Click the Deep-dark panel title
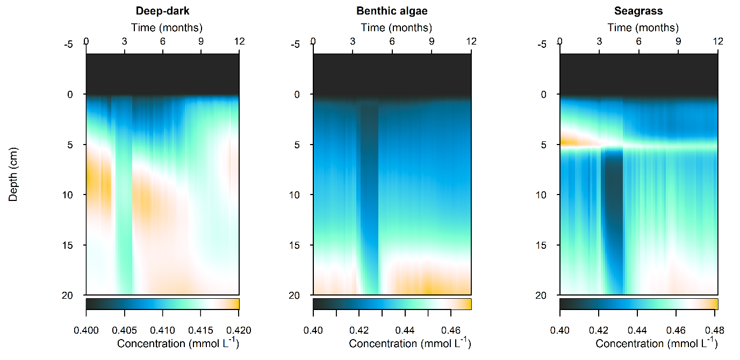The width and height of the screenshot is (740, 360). tap(162, 11)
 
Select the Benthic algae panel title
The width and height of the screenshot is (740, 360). tap(392, 11)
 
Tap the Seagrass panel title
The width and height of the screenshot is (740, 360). tap(639, 11)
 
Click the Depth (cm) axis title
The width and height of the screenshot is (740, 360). tap(13, 174)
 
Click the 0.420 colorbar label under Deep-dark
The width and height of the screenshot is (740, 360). tap(239, 329)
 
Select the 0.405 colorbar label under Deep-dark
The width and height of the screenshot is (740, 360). tap(125, 329)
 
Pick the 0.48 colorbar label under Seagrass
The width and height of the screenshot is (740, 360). tap(717, 329)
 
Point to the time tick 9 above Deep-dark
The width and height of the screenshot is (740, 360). tap(201, 41)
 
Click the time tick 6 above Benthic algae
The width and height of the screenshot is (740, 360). tap(392, 41)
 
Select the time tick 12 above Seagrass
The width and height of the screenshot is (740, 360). tap(717, 41)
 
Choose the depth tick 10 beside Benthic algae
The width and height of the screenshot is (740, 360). tap(296, 195)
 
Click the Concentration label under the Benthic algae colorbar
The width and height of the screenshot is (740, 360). tap(409, 343)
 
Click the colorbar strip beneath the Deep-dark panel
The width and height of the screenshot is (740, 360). tap(162, 304)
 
